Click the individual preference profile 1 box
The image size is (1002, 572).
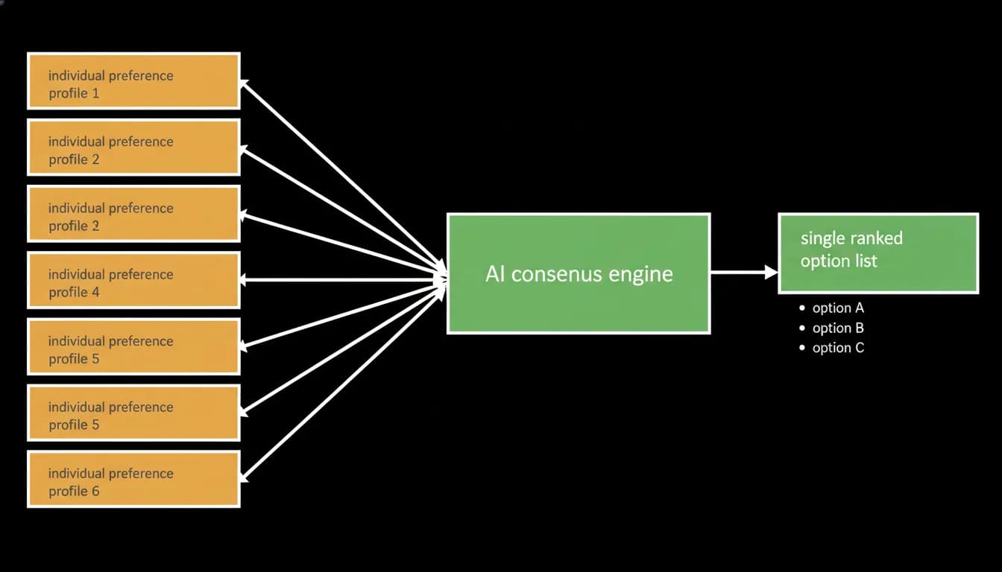[x=133, y=81]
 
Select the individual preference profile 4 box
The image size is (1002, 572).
[x=133, y=280]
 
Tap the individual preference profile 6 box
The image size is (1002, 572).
[x=133, y=479]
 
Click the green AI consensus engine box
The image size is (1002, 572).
[x=579, y=273]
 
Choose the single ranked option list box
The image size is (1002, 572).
[x=878, y=253]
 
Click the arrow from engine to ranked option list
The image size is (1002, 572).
[x=744, y=272]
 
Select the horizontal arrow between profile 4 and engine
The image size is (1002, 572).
[x=343, y=280]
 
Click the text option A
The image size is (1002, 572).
[x=838, y=308]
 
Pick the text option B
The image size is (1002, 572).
[x=838, y=328]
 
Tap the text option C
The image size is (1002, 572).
[x=838, y=348]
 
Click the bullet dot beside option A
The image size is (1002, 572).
[x=801, y=308]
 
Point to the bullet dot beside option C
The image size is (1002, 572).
[x=801, y=348]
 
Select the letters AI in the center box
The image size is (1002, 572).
[x=496, y=273]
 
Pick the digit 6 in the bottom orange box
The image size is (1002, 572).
[x=95, y=491]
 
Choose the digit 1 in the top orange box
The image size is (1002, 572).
[x=95, y=93]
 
